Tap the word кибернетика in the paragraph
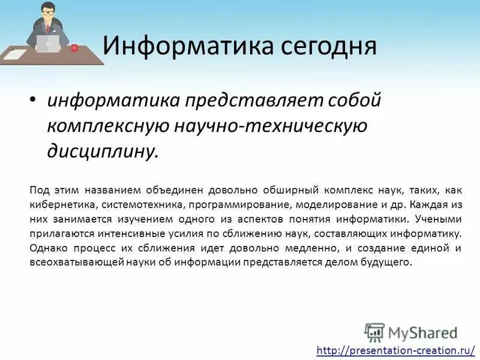tap(58, 205)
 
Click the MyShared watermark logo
tap(410, 332)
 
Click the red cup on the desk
tap(74, 47)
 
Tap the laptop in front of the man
tap(48, 44)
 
